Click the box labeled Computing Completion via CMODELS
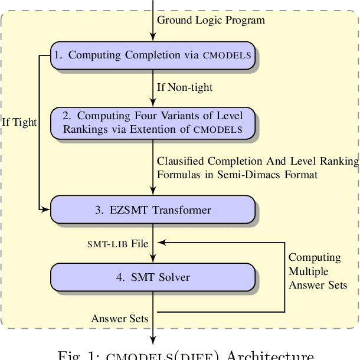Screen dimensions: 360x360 click(x=153, y=55)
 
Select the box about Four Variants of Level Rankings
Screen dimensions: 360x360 click(x=153, y=122)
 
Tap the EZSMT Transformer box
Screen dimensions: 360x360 click(x=153, y=210)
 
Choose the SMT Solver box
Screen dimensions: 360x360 click(x=153, y=277)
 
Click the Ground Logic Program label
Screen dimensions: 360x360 click(x=211, y=20)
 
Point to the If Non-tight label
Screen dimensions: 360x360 click(x=185, y=87)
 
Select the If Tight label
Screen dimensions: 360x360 click(x=19, y=123)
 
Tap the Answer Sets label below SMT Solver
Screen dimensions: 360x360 click(x=119, y=319)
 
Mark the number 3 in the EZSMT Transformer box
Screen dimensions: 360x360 click(x=99, y=210)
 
